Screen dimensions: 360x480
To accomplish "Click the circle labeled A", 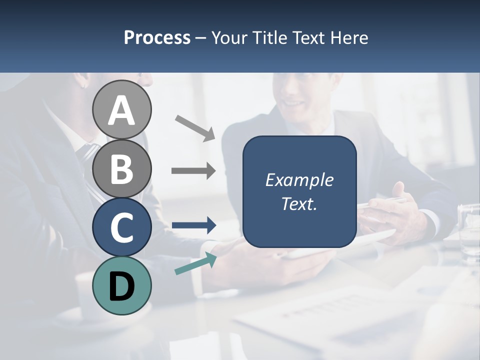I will [121, 110].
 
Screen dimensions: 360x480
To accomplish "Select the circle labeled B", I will [121, 168].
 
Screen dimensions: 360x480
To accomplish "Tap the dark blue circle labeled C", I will [121, 227].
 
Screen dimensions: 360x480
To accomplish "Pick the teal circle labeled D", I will [121, 286].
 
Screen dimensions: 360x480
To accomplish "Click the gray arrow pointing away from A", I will [195, 128].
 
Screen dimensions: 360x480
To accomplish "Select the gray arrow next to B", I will [193, 171].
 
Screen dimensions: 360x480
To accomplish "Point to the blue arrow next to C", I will [193, 225].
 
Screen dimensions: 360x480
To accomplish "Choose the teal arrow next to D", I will [195, 263].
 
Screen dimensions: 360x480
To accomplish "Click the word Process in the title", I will [157, 37].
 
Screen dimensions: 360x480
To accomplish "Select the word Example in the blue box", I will [299, 180].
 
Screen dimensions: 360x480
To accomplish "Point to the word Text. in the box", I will [299, 203].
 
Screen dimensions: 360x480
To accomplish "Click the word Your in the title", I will [227, 37].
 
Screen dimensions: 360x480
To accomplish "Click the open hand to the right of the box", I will [405, 210].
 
